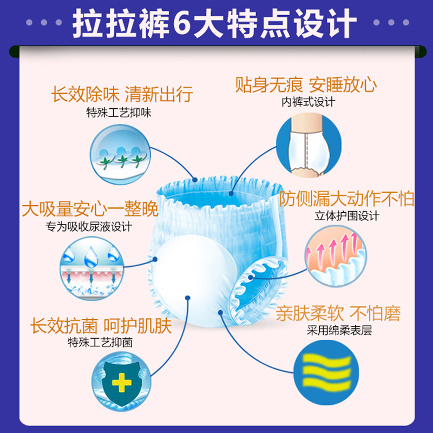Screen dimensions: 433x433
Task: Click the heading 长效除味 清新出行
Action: [x=122, y=94]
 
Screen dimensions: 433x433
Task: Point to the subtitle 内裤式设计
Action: [x=308, y=102]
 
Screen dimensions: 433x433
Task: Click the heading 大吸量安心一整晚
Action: [x=90, y=209]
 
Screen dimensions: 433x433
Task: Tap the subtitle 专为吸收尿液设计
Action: [x=90, y=226]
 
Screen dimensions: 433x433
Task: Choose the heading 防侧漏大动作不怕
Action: [x=347, y=199]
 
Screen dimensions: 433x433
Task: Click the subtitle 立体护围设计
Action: [x=347, y=215]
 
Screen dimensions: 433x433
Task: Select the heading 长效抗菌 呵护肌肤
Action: [x=101, y=326]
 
